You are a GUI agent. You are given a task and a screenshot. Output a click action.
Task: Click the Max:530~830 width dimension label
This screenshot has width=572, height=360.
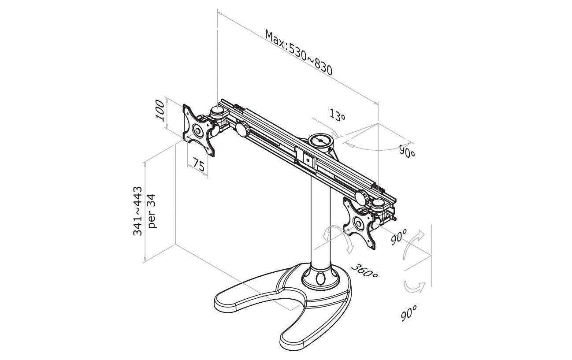tap(299, 52)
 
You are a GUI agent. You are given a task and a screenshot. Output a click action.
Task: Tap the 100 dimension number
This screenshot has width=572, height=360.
tap(160, 110)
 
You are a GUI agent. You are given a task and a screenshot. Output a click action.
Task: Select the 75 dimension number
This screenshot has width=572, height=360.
tap(199, 164)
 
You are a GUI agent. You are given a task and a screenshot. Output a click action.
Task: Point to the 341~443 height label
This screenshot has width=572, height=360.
tap(137, 211)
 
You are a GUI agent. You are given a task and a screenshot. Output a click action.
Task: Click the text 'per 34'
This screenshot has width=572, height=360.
tap(152, 211)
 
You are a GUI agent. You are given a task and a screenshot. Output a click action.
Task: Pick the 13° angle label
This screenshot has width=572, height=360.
tap(337, 115)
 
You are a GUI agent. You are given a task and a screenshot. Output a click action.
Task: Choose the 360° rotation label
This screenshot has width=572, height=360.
tap(364, 271)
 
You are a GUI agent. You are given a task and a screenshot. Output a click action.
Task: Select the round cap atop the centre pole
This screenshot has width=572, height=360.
tap(320, 141)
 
